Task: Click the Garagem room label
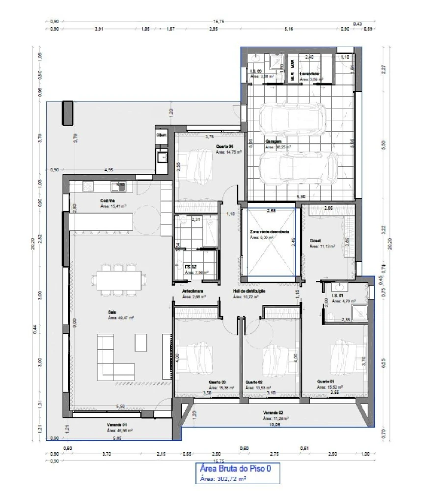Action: tap(274, 141)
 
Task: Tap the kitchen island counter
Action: tap(101, 221)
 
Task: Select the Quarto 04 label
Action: tap(224, 146)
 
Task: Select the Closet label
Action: tap(315, 241)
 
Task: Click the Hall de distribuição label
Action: tap(249, 291)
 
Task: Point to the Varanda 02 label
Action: tap(273, 413)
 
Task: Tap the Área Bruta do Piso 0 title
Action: tap(235, 468)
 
